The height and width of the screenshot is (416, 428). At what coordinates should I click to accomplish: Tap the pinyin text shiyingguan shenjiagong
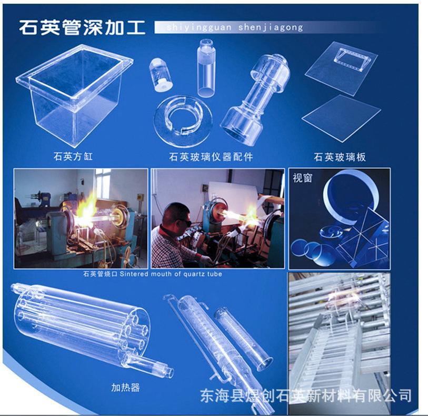[234, 27]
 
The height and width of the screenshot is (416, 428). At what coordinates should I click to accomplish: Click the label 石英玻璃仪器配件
[211, 156]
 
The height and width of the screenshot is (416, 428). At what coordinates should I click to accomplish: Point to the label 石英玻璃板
[339, 157]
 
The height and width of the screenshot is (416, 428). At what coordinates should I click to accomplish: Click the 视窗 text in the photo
[303, 177]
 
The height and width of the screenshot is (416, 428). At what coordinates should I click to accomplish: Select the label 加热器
[125, 388]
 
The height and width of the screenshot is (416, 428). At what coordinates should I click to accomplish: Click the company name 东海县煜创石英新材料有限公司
[306, 394]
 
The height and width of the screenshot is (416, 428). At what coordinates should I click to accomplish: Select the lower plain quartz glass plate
[341, 118]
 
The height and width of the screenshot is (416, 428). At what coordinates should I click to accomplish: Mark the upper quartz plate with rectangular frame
[347, 63]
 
